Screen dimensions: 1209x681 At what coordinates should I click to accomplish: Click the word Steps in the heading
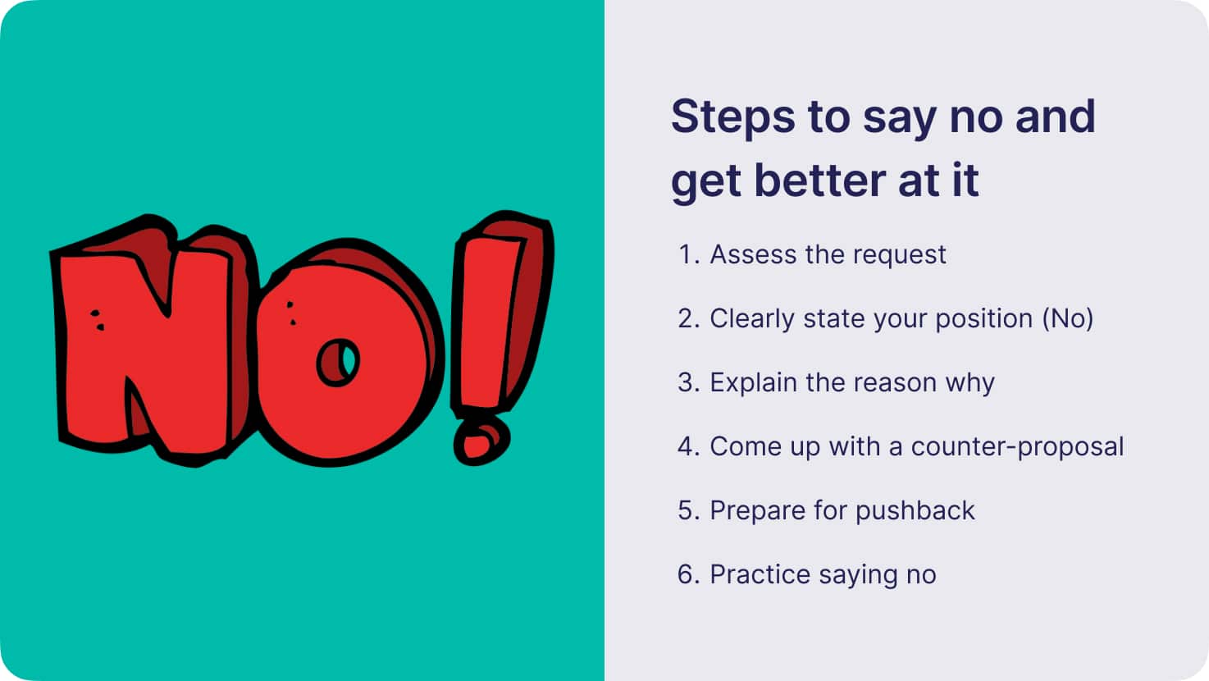click(732, 118)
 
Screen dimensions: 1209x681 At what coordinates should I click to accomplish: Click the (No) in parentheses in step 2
click(1068, 318)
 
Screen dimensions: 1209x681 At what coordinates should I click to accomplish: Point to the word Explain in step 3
click(753, 383)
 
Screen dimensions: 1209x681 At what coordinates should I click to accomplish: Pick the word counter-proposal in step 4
click(1017, 447)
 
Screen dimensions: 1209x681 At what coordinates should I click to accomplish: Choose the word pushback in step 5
click(915, 510)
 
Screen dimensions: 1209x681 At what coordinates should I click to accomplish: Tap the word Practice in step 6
click(760, 574)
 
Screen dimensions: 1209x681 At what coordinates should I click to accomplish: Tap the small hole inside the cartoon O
click(338, 363)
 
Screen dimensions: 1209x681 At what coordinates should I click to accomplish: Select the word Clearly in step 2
click(752, 318)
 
